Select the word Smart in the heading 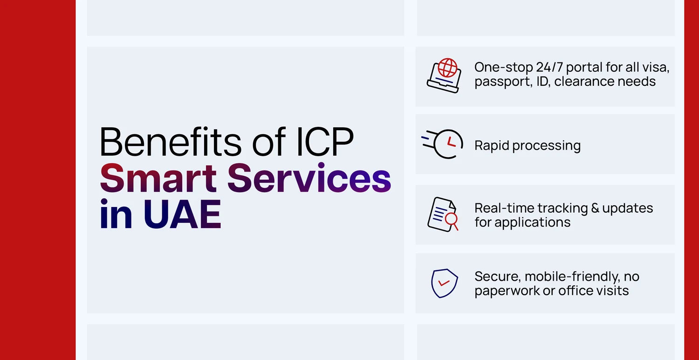click(x=158, y=178)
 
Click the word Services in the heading click(x=309, y=178)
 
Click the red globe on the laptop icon click(x=447, y=68)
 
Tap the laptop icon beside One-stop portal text click(x=444, y=76)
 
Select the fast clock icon click(x=442, y=144)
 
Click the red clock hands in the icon click(x=451, y=142)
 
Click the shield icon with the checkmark click(x=445, y=283)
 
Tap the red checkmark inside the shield click(x=444, y=283)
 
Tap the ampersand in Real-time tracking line click(x=595, y=208)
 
